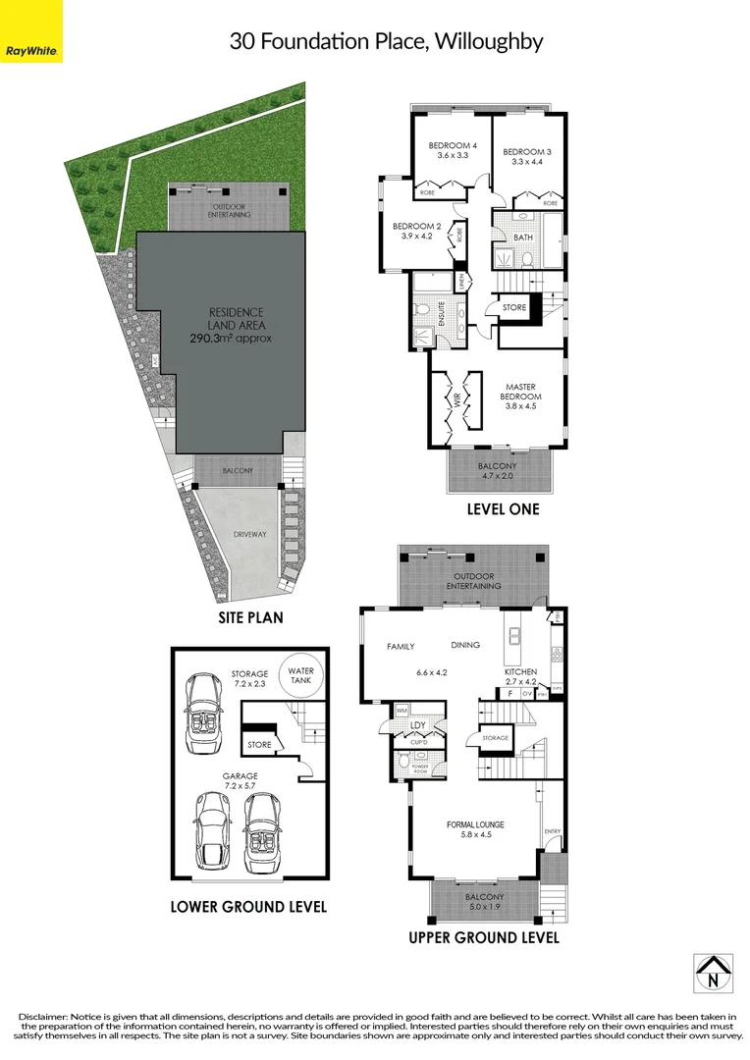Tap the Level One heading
click(504, 509)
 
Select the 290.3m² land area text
click(231, 338)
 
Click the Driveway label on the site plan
click(250, 535)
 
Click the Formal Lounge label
click(475, 823)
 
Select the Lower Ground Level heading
click(248, 906)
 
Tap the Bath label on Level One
click(522, 238)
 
